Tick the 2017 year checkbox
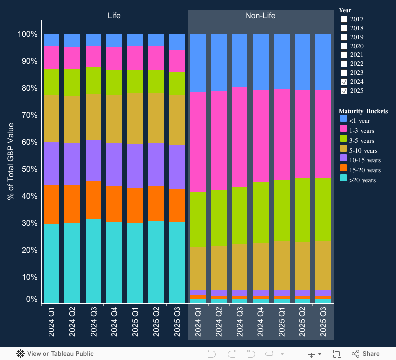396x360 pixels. (x=344, y=19)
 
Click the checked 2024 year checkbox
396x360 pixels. (x=344, y=82)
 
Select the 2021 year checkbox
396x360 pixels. (x=344, y=55)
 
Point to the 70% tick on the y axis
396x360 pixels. (x=28, y=115)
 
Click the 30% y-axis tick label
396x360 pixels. (x=28, y=223)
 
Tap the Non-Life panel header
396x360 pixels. (x=260, y=16)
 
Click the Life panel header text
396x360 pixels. (x=114, y=16)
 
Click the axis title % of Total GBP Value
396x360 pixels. (x=11, y=161)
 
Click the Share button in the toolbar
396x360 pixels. (x=366, y=354)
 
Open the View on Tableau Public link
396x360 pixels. (x=55, y=354)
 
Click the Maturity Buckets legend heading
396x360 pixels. (x=363, y=111)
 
